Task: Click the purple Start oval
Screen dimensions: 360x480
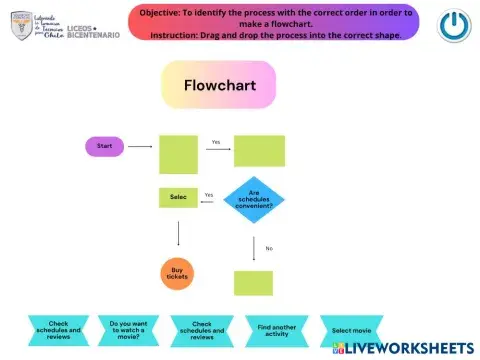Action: click(104, 146)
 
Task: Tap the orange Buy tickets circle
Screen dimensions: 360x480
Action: click(177, 273)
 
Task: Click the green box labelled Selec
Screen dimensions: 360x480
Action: click(178, 197)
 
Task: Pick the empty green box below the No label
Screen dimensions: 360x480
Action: click(253, 283)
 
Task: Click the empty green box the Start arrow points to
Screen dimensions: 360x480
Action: click(178, 154)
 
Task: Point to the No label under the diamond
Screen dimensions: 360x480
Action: click(269, 248)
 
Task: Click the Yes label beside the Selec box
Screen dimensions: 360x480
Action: click(209, 195)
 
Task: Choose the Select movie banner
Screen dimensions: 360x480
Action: click(351, 330)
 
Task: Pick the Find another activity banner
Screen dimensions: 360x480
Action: click(276, 330)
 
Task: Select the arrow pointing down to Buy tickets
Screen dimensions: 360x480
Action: click(178, 233)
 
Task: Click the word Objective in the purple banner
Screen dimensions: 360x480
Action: click(159, 11)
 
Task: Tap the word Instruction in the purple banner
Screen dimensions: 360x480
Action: click(174, 35)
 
